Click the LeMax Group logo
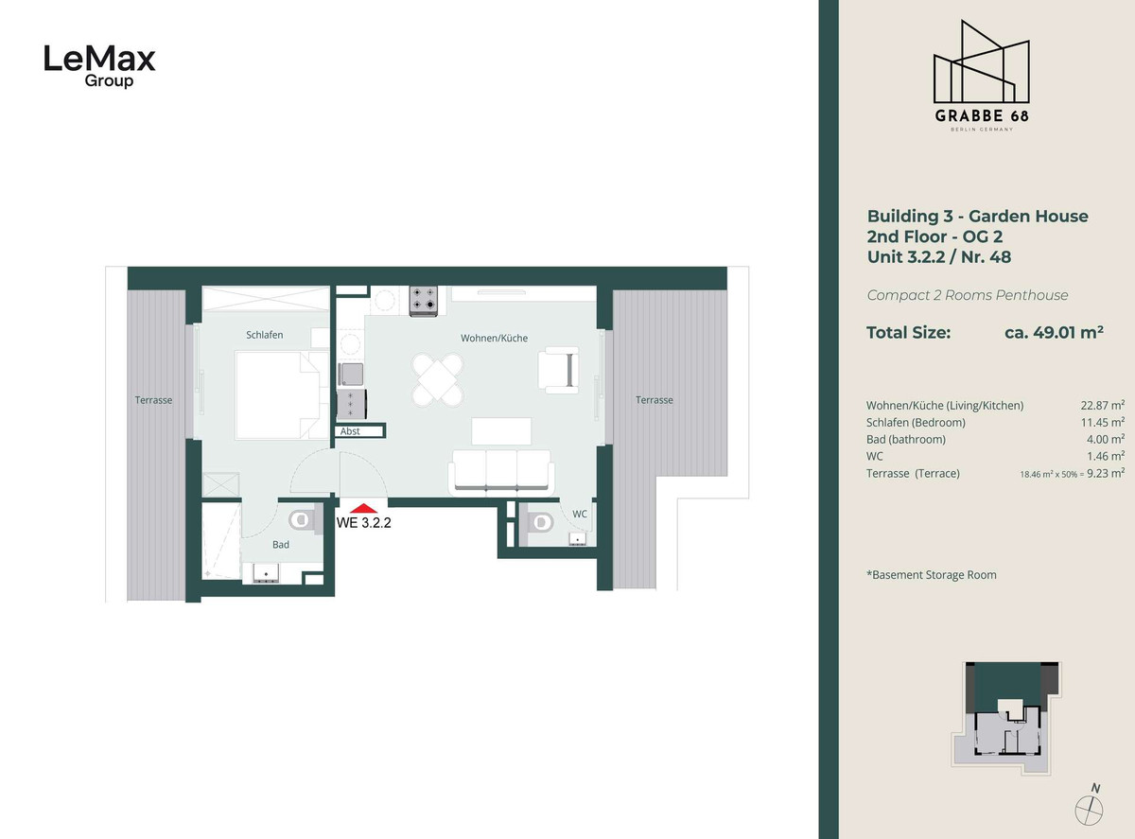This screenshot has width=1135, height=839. [x=99, y=66]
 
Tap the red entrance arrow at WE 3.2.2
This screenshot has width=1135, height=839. [x=363, y=508]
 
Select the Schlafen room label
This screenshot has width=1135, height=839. [x=264, y=335]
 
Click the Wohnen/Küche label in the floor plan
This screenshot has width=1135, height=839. [x=494, y=338]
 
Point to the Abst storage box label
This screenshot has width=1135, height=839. [x=350, y=431]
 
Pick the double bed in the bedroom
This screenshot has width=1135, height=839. [x=282, y=394]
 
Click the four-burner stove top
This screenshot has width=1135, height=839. [x=424, y=300]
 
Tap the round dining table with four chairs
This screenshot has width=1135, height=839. [x=438, y=380]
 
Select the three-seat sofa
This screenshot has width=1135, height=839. [x=501, y=473]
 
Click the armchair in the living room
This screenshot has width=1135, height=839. [x=558, y=370]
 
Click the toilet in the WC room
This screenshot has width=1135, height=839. [x=539, y=523]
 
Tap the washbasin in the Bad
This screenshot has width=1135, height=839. [x=266, y=573]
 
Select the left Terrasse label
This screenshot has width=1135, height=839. [x=153, y=400]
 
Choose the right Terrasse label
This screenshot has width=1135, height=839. [x=654, y=400]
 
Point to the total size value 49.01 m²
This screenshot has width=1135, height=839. [x=1055, y=333]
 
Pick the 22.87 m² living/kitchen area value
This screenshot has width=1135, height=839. [x=1102, y=406]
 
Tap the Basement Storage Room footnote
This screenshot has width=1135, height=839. [x=932, y=575]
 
